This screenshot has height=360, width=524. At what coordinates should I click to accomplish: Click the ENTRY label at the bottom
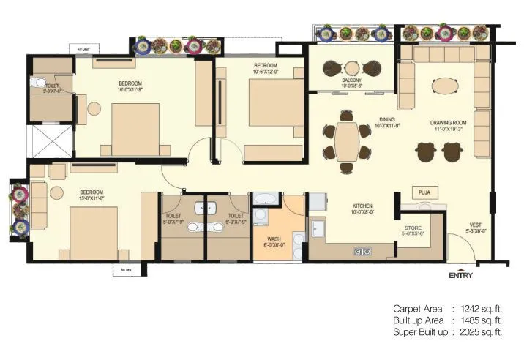(x=460, y=275)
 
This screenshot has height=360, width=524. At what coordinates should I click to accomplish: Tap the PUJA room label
(x=423, y=192)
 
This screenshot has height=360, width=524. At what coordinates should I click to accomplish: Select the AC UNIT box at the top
(x=83, y=50)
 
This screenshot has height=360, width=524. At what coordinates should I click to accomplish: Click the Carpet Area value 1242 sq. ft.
(x=478, y=309)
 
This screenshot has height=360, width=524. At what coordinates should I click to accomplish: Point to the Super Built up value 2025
(x=478, y=333)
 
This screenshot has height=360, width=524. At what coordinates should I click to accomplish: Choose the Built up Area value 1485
(x=478, y=320)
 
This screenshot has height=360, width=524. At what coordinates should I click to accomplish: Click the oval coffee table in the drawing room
(x=446, y=86)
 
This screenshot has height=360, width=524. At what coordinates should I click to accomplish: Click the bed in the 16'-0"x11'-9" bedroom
(x=135, y=128)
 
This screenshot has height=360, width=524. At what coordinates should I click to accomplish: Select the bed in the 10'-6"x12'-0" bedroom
(x=274, y=102)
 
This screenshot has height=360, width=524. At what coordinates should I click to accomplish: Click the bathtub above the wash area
(x=265, y=198)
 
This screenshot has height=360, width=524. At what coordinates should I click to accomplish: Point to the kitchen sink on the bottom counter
(x=362, y=252)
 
